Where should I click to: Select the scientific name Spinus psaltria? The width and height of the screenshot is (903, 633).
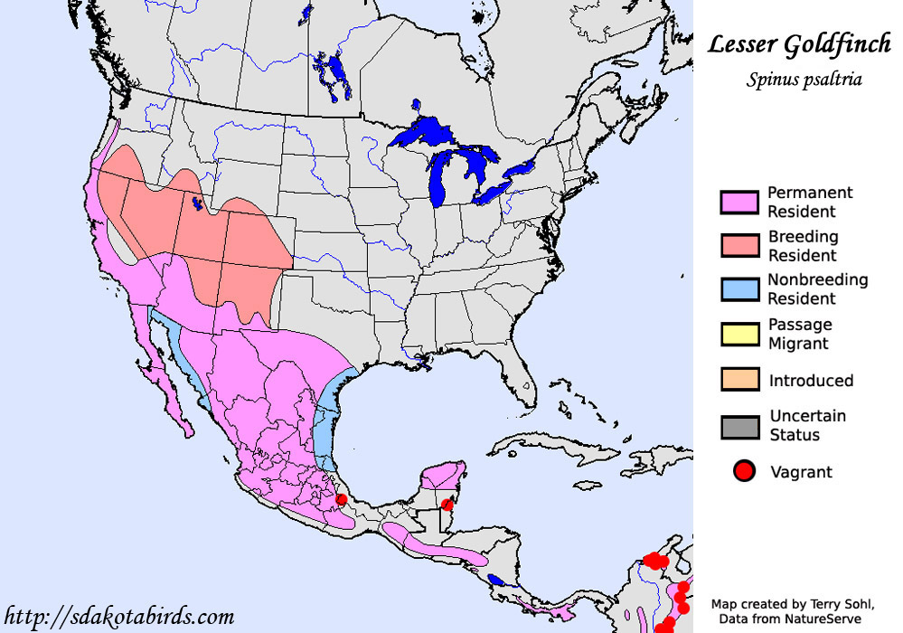pos(804,80)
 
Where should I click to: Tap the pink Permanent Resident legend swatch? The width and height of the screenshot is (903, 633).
pos(739,203)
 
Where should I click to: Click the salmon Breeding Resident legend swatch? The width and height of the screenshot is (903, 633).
pos(739,246)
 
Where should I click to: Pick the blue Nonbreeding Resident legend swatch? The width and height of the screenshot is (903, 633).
pos(739,289)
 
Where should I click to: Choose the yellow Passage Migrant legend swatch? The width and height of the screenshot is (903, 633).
pos(739,334)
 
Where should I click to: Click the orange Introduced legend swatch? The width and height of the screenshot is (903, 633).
pos(739,380)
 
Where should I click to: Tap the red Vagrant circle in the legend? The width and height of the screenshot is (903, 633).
pos(744,471)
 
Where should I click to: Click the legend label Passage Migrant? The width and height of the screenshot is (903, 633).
pos(800,334)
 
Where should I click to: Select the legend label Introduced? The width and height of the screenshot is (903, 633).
pos(811,381)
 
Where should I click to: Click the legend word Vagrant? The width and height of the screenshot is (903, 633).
pos(801,471)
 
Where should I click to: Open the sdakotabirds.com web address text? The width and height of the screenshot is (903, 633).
pos(120,617)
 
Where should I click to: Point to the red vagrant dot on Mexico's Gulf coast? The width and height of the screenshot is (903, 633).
pos(341,499)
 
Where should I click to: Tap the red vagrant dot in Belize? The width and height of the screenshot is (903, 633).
pos(446,505)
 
